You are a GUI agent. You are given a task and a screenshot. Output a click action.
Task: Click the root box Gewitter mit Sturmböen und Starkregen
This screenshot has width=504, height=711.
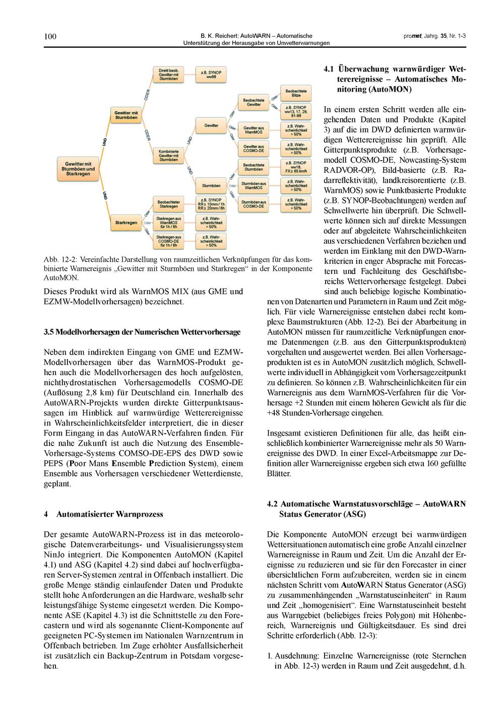point(78,169)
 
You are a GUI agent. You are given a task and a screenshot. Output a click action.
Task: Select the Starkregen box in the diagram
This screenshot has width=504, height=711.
point(125,222)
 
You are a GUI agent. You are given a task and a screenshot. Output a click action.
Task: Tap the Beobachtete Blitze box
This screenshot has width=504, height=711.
point(296,93)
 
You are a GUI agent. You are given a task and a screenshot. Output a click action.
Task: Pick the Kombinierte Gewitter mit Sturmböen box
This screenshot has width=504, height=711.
point(169,155)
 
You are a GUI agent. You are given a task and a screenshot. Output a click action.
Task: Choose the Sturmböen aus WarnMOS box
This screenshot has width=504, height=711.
point(254,186)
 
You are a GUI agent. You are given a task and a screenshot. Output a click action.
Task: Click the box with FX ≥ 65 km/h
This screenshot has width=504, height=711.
point(296,167)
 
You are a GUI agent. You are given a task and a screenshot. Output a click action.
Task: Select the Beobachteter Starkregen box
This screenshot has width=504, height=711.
point(169,203)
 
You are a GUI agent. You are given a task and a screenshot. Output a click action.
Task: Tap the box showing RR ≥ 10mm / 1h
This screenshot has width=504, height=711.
point(211,203)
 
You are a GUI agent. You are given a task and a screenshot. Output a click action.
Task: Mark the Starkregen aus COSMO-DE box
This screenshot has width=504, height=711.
point(169,241)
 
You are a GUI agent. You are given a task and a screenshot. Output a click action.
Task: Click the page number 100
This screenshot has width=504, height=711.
point(50,36)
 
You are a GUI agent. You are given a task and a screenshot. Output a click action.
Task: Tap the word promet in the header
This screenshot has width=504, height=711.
point(413,36)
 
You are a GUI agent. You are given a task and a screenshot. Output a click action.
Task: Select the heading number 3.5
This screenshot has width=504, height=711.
point(49,332)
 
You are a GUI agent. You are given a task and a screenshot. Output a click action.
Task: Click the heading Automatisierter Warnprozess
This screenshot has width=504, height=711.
point(109,514)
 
